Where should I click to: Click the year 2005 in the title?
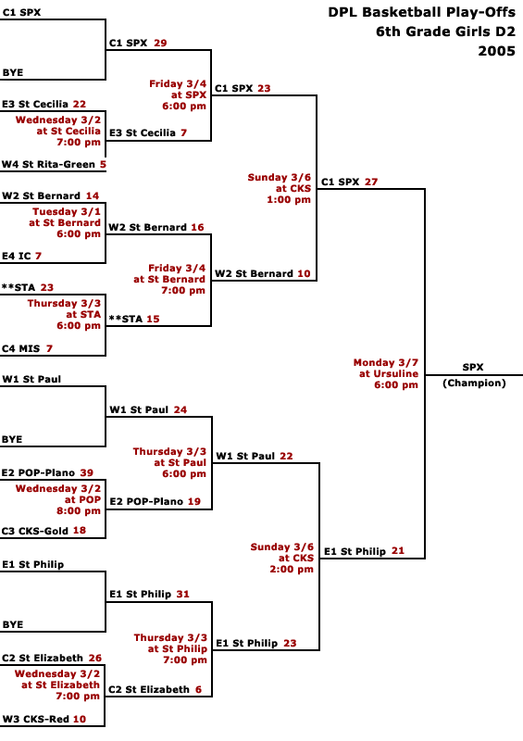click(496, 51)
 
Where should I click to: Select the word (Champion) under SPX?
click(474, 383)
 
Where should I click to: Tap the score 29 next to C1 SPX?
click(160, 43)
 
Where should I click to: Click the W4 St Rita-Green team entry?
click(49, 165)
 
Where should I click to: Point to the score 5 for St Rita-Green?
click(103, 165)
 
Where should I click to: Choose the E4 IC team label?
click(16, 257)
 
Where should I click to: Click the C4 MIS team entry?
click(20, 349)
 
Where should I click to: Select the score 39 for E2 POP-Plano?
click(86, 472)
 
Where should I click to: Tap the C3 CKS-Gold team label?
click(34, 531)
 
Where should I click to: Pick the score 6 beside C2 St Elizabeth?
click(198, 689)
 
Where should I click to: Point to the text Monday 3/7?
click(385, 362)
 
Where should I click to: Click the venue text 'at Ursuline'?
click(389, 374)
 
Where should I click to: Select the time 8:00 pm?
click(79, 511)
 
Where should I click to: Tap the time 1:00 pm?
click(289, 200)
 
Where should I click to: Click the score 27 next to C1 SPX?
click(371, 182)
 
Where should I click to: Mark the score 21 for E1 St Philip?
click(398, 551)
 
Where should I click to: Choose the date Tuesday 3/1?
click(66, 212)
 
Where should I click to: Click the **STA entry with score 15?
click(134, 319)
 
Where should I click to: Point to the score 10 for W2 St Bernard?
click(304, 273)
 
